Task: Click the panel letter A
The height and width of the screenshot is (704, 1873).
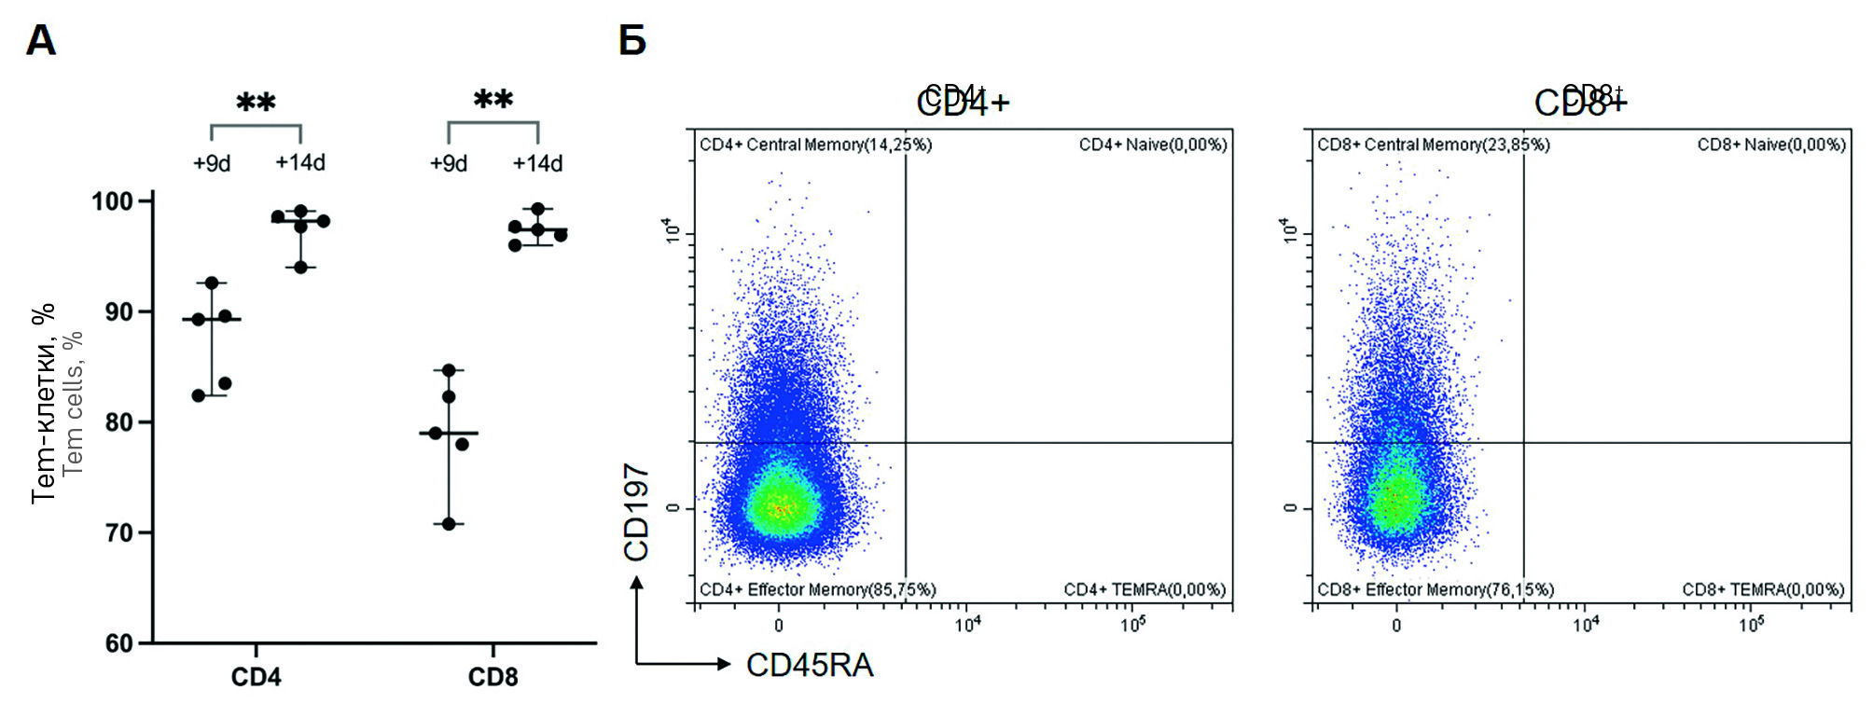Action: pos(41,41)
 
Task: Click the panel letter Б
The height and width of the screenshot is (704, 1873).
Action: pos(632,41)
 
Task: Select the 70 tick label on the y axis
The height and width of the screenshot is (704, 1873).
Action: pos(118,533)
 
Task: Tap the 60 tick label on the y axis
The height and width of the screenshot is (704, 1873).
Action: pos(118,643)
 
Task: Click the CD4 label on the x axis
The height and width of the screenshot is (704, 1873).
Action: pos(256,677)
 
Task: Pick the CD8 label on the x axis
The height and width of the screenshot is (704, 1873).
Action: pos(493,677)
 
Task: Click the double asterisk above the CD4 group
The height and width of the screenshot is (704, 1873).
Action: pos(256,102)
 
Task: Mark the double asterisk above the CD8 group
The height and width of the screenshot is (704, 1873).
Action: pos(493,99)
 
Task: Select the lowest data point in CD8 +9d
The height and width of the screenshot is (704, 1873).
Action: pos(449,524)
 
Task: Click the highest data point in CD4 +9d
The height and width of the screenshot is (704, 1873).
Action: pos(213,283)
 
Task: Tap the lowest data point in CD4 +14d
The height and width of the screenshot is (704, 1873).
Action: pos(300,268)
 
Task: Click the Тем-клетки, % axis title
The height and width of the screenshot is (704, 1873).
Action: pos(43,403)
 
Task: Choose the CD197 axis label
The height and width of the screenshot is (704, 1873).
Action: pos(636,512)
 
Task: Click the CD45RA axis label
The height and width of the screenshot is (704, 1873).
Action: pos(810,666)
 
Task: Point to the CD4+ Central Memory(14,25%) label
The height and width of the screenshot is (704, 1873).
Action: pos(815,145)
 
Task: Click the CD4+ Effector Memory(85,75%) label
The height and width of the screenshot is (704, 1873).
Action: pos(817,589)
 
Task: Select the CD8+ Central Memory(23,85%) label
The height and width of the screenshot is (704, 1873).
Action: pos(1433,145)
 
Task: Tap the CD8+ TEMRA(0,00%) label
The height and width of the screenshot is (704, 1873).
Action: pos(1763,589)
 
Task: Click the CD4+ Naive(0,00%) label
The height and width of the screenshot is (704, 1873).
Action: pos(1153,145)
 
